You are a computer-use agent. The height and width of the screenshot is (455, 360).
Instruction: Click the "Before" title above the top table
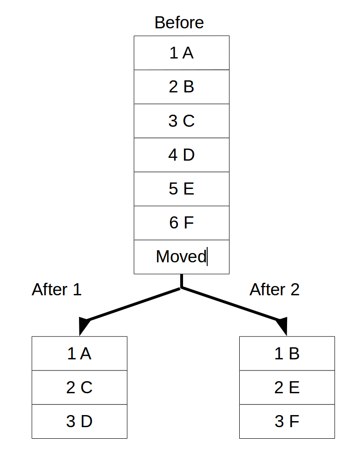[179, 23]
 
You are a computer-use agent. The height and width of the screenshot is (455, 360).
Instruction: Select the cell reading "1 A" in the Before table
[181, 53]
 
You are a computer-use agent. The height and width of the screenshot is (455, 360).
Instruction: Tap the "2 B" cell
[181, 87]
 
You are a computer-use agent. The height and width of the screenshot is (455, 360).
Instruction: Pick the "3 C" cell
[181, 121]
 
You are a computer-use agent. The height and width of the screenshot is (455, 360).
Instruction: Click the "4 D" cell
[181, 155]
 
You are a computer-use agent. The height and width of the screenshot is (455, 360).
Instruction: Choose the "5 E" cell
[181, 189]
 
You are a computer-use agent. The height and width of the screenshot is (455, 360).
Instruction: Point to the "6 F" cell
[181, 223]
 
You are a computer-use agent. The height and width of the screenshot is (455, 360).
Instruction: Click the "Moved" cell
[181, 257]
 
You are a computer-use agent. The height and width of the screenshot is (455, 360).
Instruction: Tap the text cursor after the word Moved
[207, 257]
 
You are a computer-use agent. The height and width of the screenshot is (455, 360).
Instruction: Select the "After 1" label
[56, 290]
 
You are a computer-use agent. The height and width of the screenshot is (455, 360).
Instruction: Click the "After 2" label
[275, 290]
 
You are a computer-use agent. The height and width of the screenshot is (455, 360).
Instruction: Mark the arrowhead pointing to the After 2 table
[282, 325]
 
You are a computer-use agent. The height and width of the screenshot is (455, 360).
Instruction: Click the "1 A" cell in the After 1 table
[79, 354]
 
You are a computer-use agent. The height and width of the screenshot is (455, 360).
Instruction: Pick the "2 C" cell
[79, 388]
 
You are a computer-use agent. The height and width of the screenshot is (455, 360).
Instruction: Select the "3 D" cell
[79, 422]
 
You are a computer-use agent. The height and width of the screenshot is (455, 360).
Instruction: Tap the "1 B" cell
[287, 354]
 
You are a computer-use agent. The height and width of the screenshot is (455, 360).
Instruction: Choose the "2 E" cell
[287, 388]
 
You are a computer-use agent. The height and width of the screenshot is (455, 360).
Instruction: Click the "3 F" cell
[287, 422]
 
